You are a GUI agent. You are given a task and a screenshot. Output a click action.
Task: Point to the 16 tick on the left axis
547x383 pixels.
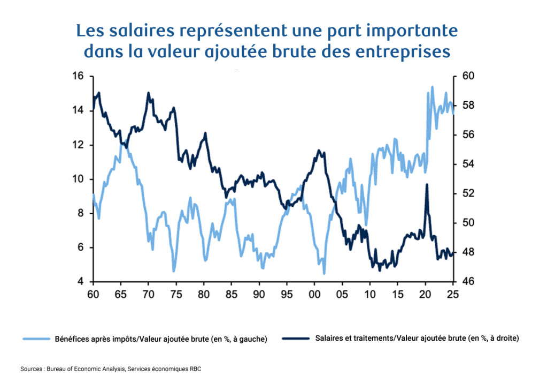point(79,76)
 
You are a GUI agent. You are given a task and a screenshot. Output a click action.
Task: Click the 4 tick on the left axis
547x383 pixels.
point(82,282)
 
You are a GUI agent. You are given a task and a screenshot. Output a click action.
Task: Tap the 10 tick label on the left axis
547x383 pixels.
point(79,179)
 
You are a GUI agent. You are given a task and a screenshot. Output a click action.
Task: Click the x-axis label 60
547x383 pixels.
point(93,294)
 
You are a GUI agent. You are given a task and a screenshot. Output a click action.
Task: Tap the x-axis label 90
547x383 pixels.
point(259,294)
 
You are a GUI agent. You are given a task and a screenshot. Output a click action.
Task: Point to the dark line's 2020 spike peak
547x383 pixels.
point(426,184)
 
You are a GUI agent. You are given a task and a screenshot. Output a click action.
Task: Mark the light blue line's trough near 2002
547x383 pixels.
point(324,274)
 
